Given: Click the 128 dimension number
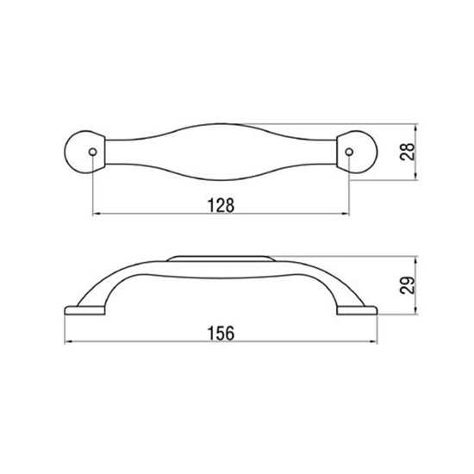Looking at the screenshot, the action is (x=221, y=206).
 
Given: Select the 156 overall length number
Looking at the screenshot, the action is (x=221, y=334).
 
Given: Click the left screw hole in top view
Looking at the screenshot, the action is (x=93, y=152).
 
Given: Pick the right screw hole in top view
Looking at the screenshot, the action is (x=349, y=152).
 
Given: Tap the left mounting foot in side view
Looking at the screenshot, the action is (x=85, y=310).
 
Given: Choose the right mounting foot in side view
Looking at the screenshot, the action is (x=357, y=310).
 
